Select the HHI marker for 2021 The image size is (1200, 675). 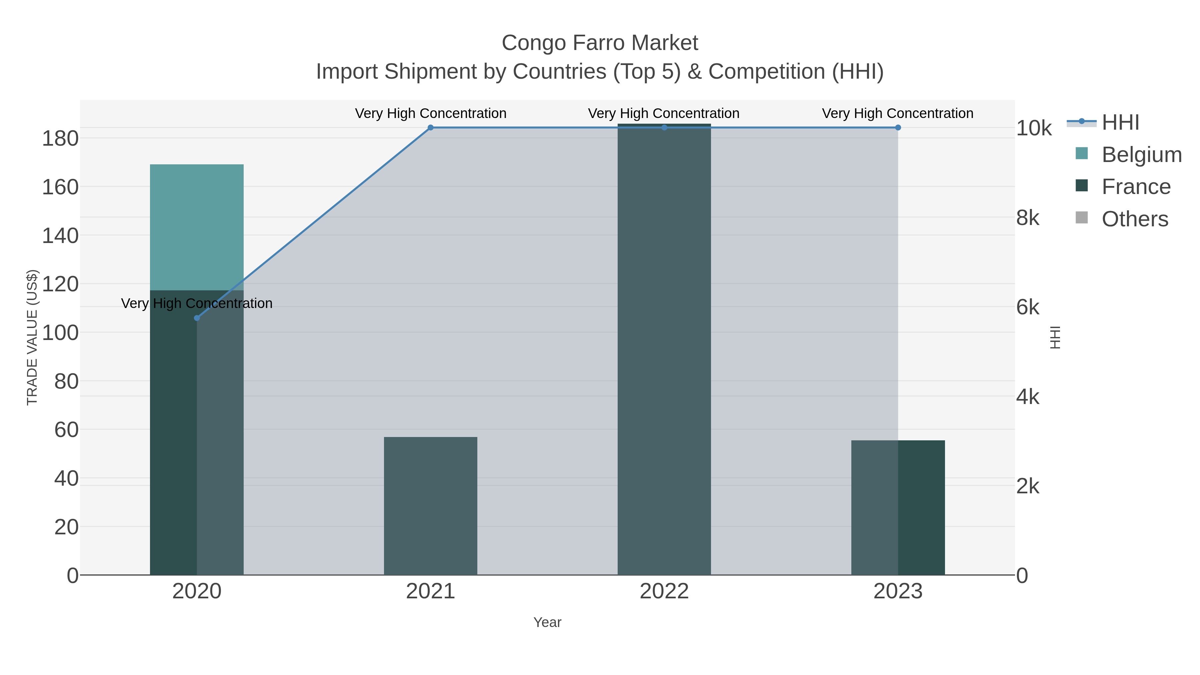430,128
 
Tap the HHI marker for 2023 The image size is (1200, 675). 898,128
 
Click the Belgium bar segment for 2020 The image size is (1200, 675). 197,227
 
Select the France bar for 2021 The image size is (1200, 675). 430,505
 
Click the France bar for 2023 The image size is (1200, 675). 898,507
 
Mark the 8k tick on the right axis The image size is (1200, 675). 1028,218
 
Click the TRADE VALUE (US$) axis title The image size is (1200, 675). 32,337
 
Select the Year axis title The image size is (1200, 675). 547,622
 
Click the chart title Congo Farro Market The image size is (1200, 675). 600,43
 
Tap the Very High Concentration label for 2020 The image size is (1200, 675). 197,303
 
